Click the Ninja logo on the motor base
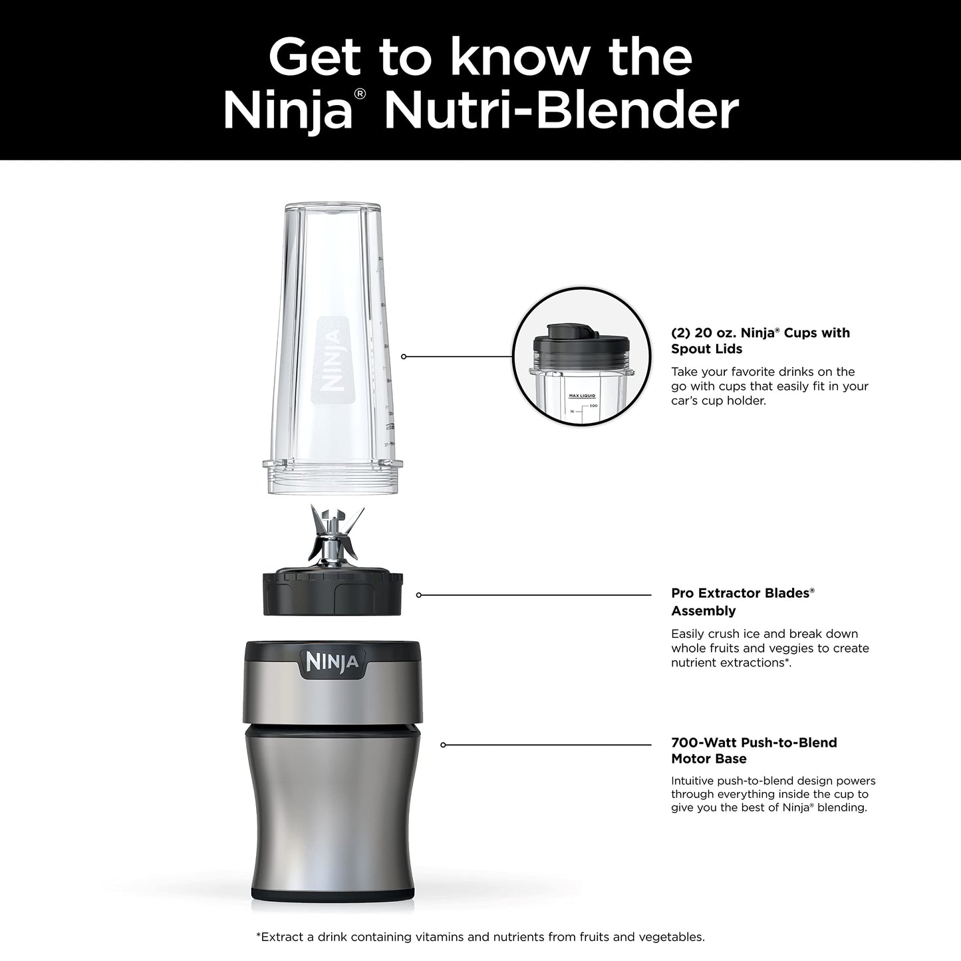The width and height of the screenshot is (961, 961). coord(332,662)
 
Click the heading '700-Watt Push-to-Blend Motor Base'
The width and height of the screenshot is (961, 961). coord(754,750)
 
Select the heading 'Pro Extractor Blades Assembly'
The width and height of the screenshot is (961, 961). coord(742,601)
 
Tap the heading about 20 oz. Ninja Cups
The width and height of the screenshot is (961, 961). coord(759,341)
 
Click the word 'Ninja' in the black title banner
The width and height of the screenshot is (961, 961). coord(287,111)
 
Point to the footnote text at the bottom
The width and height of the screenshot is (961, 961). coord(480,937)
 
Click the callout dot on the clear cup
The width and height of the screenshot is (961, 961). coord(404,356)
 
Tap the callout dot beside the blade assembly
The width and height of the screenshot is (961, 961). coord(418,595)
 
